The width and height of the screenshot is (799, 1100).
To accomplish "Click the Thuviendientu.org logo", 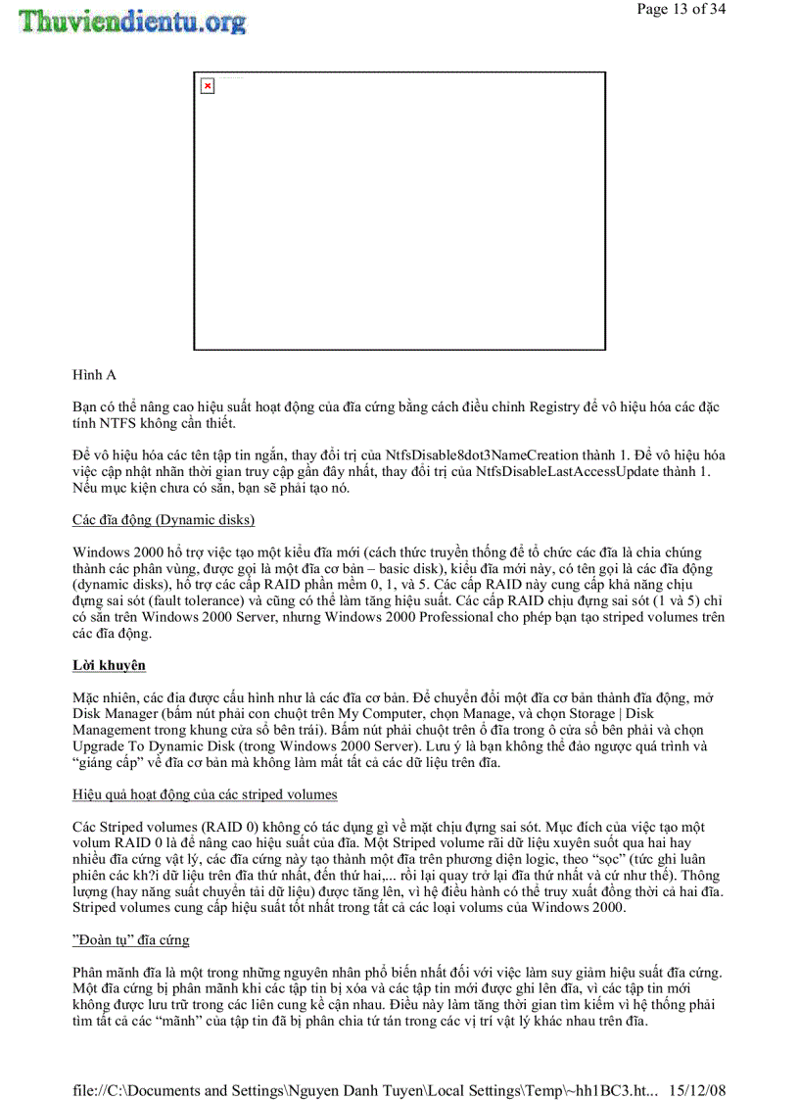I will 131,21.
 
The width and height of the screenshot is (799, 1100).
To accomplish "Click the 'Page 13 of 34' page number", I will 681,10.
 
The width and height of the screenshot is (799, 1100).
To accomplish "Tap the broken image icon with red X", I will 207,86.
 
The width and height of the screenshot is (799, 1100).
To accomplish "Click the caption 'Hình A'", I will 93,375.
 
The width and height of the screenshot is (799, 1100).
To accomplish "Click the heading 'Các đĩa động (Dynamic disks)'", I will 164,519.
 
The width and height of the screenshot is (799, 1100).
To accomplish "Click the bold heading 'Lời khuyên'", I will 109,665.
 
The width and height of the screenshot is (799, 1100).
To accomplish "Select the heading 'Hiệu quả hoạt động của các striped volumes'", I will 206,793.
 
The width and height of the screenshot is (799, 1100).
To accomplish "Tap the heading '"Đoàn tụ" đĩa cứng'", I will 131,939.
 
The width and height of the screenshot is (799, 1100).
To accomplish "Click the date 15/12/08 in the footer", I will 698,1090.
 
